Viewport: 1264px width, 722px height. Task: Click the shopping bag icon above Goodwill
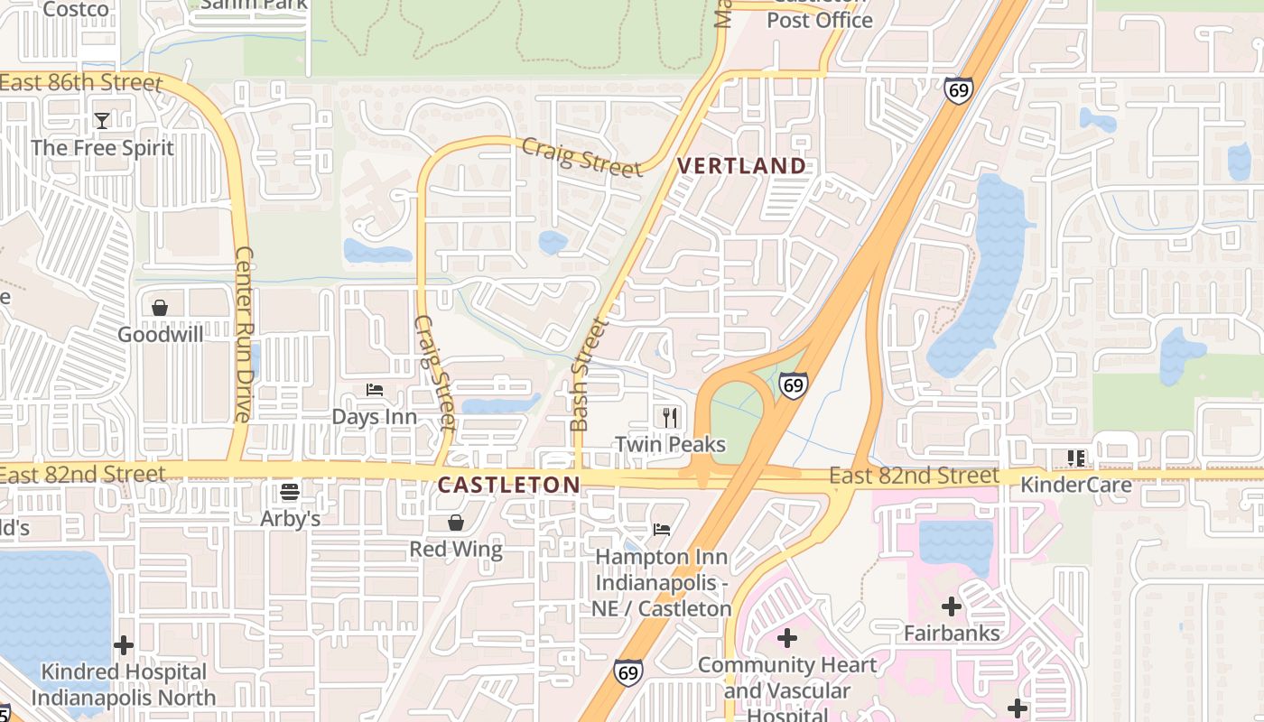(160, 308)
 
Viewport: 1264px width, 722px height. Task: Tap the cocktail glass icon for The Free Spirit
(102, 120)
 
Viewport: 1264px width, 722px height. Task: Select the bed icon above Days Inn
(375, 390)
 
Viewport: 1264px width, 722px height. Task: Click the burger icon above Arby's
(290, 492)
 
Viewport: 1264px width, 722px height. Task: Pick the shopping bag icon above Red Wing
(456, 523)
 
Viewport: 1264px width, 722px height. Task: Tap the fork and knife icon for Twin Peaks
(670, 417)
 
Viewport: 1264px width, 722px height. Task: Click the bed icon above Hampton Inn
(662, 530)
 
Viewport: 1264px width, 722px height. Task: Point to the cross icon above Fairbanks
(952, 606)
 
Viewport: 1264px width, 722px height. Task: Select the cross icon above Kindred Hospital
(124, 645)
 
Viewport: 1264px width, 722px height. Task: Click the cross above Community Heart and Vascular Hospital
(787, 638)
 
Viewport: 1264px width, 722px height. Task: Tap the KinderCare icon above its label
(1075, 458)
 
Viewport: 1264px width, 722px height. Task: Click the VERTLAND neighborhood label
(741, 166)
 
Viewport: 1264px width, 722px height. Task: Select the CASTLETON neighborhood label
(508, 485)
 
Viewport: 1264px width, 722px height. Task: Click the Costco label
(76, 10)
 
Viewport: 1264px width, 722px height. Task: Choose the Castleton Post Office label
(820, 18)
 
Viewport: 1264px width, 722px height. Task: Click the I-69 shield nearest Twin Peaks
(793, 385)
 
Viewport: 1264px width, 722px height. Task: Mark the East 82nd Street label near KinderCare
(914, 476)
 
